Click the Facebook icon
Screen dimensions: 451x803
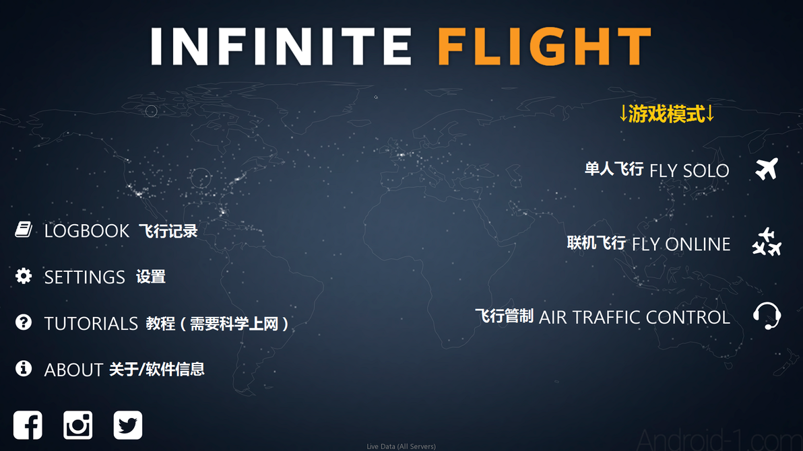point(28,425)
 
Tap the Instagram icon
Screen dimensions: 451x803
point(77,425)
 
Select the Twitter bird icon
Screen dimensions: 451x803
point(127,425)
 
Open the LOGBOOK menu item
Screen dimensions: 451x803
point(87,231)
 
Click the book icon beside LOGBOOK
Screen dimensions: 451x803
point(24,230)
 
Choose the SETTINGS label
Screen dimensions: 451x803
point(85,277)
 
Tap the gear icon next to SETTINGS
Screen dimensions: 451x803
point(24,276)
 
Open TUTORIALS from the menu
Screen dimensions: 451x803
point(91,324)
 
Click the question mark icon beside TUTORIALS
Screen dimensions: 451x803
point(24,323)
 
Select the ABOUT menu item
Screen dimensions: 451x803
point(73,370)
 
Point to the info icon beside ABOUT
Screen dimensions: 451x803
point(24,369)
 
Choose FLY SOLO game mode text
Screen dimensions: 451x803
point(688,171)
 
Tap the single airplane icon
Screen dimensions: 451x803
point(767,169)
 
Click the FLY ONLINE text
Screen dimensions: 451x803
point(680,244)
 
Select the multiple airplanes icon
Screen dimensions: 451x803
point(767,242)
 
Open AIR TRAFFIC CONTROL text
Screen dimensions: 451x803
point(634,317)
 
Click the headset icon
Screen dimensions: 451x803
point(767,316)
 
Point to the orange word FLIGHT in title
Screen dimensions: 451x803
point(544,47)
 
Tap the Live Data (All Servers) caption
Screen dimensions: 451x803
point(401,446)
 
